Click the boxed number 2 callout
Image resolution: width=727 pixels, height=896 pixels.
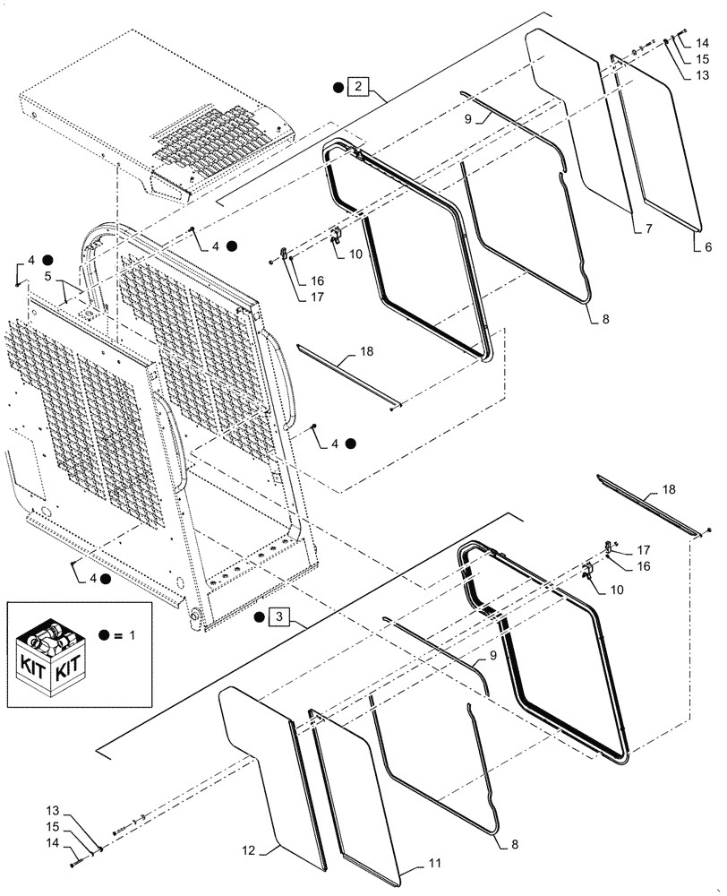point(358,87)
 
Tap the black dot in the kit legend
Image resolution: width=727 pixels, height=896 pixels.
point(106,634)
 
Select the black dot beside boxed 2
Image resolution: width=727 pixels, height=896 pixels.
point(338,87)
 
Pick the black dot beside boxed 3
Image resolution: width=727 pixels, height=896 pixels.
point(261,616)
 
